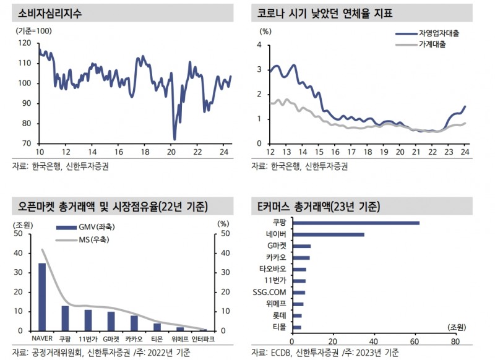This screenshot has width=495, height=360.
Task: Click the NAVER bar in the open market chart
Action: coord(42,297)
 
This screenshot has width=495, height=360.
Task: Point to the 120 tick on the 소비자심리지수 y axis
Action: coord(25,43)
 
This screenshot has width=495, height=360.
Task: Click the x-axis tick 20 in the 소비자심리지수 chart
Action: coord(171,153)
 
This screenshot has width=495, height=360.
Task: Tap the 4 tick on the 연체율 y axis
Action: coord(260,45)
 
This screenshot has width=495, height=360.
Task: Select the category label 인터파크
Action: coord(204,340)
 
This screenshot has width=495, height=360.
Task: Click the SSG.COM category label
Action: coord(270,292)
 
